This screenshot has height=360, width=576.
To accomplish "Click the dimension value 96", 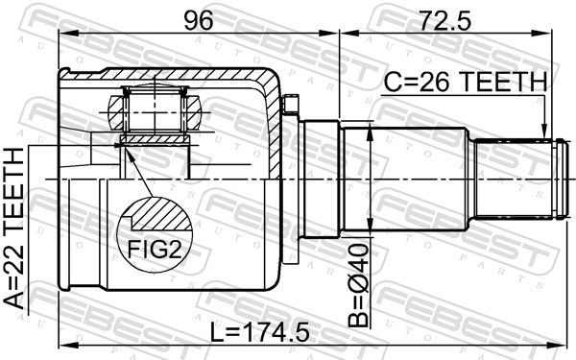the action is (199, 20).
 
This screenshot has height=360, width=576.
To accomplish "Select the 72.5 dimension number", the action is (445, 20).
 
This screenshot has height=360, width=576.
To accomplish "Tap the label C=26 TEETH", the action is (465, 82).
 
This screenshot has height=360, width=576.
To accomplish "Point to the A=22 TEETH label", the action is (13, 228).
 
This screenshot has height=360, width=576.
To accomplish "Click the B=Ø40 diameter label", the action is (358, 285).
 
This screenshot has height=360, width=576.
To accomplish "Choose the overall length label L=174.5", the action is (260, 333).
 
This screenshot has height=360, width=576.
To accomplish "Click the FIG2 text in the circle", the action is (155, 250).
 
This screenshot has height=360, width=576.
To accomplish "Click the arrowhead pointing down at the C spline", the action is (544, 133).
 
